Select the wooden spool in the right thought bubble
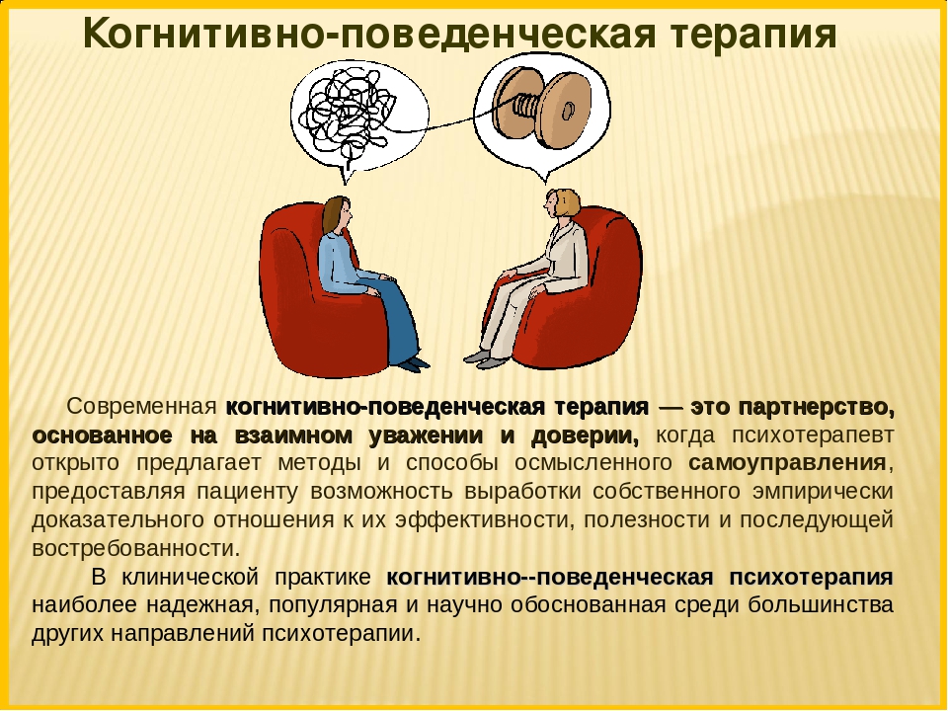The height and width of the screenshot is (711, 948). tap(542, 107)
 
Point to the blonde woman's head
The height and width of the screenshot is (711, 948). tap(562, 203)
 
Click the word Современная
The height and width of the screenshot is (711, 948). tap(141, 407)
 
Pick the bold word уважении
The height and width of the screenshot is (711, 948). tap(428, 435)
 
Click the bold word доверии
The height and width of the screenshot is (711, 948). tap(585, 435)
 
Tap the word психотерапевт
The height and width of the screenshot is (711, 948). tap(813, 435)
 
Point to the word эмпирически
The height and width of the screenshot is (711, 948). tap(823, 492)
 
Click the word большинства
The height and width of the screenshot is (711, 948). tap(821, 605)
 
